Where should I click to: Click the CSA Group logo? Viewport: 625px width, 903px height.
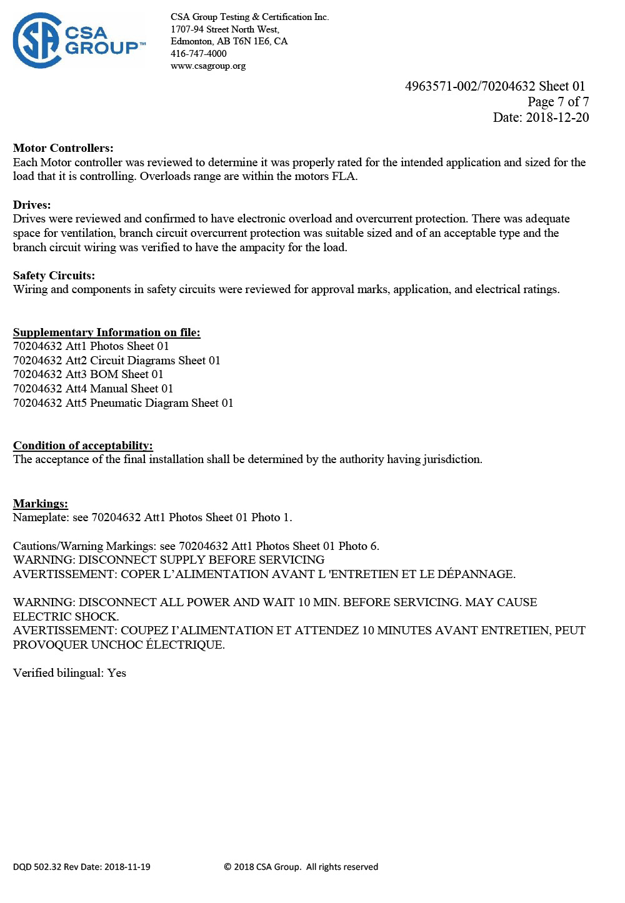point(79,41)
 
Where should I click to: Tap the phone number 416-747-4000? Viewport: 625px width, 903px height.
point(198,54)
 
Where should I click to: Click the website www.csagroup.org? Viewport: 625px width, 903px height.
point(207,66)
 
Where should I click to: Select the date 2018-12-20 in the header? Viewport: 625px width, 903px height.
point(557,117)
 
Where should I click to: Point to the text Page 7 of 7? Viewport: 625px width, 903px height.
point(557,102)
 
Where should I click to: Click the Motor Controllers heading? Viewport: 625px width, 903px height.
point(63,148)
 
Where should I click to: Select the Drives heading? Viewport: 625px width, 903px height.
point(32,205)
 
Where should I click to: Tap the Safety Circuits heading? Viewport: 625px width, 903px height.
point(54,276)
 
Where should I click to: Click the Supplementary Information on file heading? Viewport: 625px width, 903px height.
point(106,332)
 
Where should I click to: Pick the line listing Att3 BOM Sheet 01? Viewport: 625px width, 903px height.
point(88,374)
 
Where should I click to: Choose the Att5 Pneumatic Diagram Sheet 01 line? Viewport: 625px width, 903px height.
point(123,403)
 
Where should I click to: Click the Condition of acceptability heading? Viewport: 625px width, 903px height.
point(82,446)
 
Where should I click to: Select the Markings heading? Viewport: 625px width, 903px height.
point(41,504)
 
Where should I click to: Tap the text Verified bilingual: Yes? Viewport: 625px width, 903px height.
point(69,673)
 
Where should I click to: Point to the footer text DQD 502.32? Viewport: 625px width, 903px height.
point(37,867)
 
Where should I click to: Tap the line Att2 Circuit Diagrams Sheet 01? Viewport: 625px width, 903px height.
point(116,361)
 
